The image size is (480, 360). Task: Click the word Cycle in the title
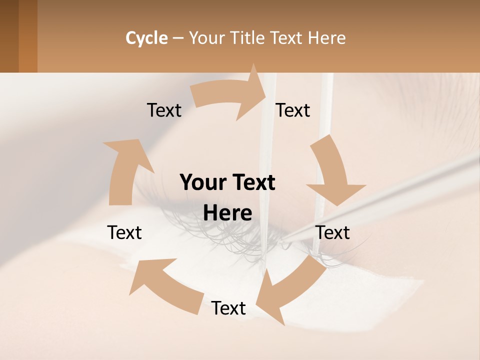pyautogui.click(x=146, y=38)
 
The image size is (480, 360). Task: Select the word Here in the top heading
pyautogui.click(x=326, y=38)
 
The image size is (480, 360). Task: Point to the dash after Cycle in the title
pyautogui.click(x=178, y=38)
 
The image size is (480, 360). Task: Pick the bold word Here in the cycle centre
pyautogui.click(x=227, y=213)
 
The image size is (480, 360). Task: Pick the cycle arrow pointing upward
pyautogui.click(x=123, y=170)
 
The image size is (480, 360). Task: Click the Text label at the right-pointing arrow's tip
pyautogui.click(x=293, y=110)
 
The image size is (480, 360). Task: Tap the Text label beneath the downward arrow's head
pyautogui.click(x=332, y=232)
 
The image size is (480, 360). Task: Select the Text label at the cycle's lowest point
pyautogui.click(x=228, y=308)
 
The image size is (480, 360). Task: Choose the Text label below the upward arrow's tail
pyautogui.click(x=124, y=232)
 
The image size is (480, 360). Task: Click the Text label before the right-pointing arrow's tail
pyautogui.click(x=164, y=110)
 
